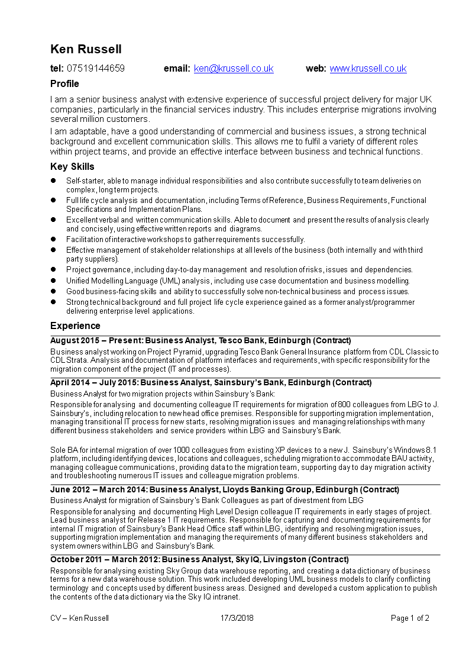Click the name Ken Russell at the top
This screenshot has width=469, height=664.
pyautogui.click(x=86, y=49)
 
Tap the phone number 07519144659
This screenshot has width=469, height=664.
pyautogui.click(x=96, y=69)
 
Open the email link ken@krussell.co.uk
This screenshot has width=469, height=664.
pyautogui.click(x=234, y=69)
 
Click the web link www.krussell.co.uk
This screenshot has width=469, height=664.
pyautogui.click(x=368, y=69)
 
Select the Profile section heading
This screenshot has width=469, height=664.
pyautogui.click(x=64, y=84)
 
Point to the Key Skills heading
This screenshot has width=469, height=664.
pyautogui.click(x=72, y=167)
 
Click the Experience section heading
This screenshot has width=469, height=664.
pyautogui.click(x=75, y=326)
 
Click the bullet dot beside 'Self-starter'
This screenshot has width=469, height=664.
pyautogui.click(x=53, y=180)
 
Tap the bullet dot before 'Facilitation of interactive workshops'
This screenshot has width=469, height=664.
pyautogui.click(x=53, y=239)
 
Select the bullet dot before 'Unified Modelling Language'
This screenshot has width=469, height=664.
pyautogui.click(x=53, y=281)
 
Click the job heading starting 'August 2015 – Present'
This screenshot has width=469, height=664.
pyautogui.click(x=200, y=341)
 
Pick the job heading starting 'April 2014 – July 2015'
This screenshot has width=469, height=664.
pyautogui.click(x=211, y=383)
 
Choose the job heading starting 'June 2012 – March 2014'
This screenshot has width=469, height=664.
pyautogui.click(x=224, y=490)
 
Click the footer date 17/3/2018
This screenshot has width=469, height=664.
pyautogui.click(x=237, y=618)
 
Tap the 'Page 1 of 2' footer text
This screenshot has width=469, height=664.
pyautogui.click(x=410, y=618)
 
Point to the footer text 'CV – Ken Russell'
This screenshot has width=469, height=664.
pyautogui.click(x=79, y=618)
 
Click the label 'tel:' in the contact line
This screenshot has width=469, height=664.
pyautogui.click(x=57, y=69)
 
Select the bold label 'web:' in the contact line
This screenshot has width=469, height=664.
pyautogui.click(x=316, y=69)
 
